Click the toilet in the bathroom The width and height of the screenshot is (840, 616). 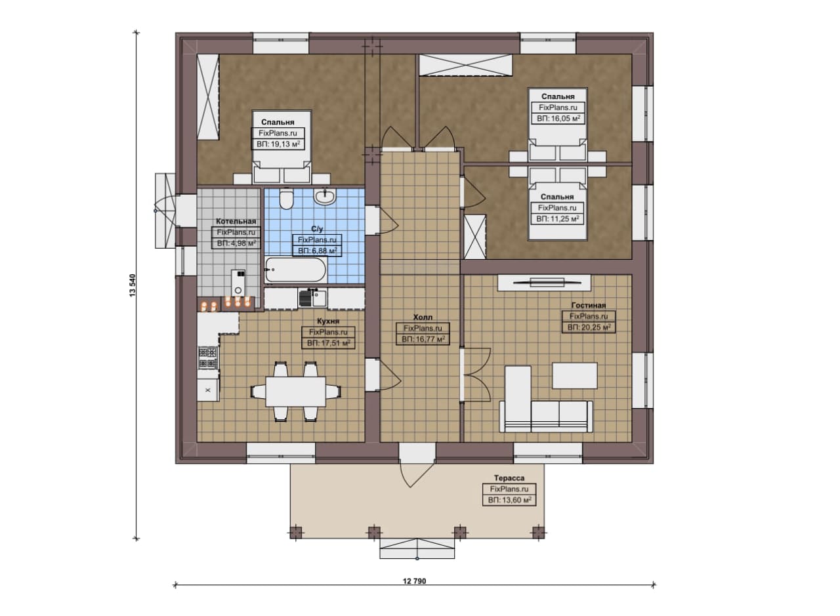(x=287, y=199)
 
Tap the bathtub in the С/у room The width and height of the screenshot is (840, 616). (x=295, y=270)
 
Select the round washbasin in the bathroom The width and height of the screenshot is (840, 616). (x=325, y=196)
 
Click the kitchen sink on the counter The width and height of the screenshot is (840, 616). (x=313, y=298)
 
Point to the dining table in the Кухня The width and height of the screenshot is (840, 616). (x=295, y=392)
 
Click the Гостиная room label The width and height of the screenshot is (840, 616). (x=589, y=305)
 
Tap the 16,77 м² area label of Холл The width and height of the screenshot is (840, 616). (x=423, y=339)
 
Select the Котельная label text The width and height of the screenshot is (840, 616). (x=236, y=221)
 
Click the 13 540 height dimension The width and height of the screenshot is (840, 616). (x=133, y=285)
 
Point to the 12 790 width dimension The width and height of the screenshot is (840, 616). (x=414, y=581)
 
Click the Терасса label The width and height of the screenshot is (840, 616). (x=509, y=478)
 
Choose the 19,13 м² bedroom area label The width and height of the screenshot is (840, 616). (x=278, y=144)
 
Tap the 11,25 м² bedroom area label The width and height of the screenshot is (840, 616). (x=558, y=219)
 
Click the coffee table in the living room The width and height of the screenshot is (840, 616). (x=574, y=375)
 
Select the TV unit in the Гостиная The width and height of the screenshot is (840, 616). (x=544, y=282)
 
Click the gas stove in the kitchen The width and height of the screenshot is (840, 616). (x=208, y=358)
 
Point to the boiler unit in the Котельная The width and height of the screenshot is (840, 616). (x=238, y=283)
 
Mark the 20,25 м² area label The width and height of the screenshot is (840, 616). (x=589, y=327)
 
